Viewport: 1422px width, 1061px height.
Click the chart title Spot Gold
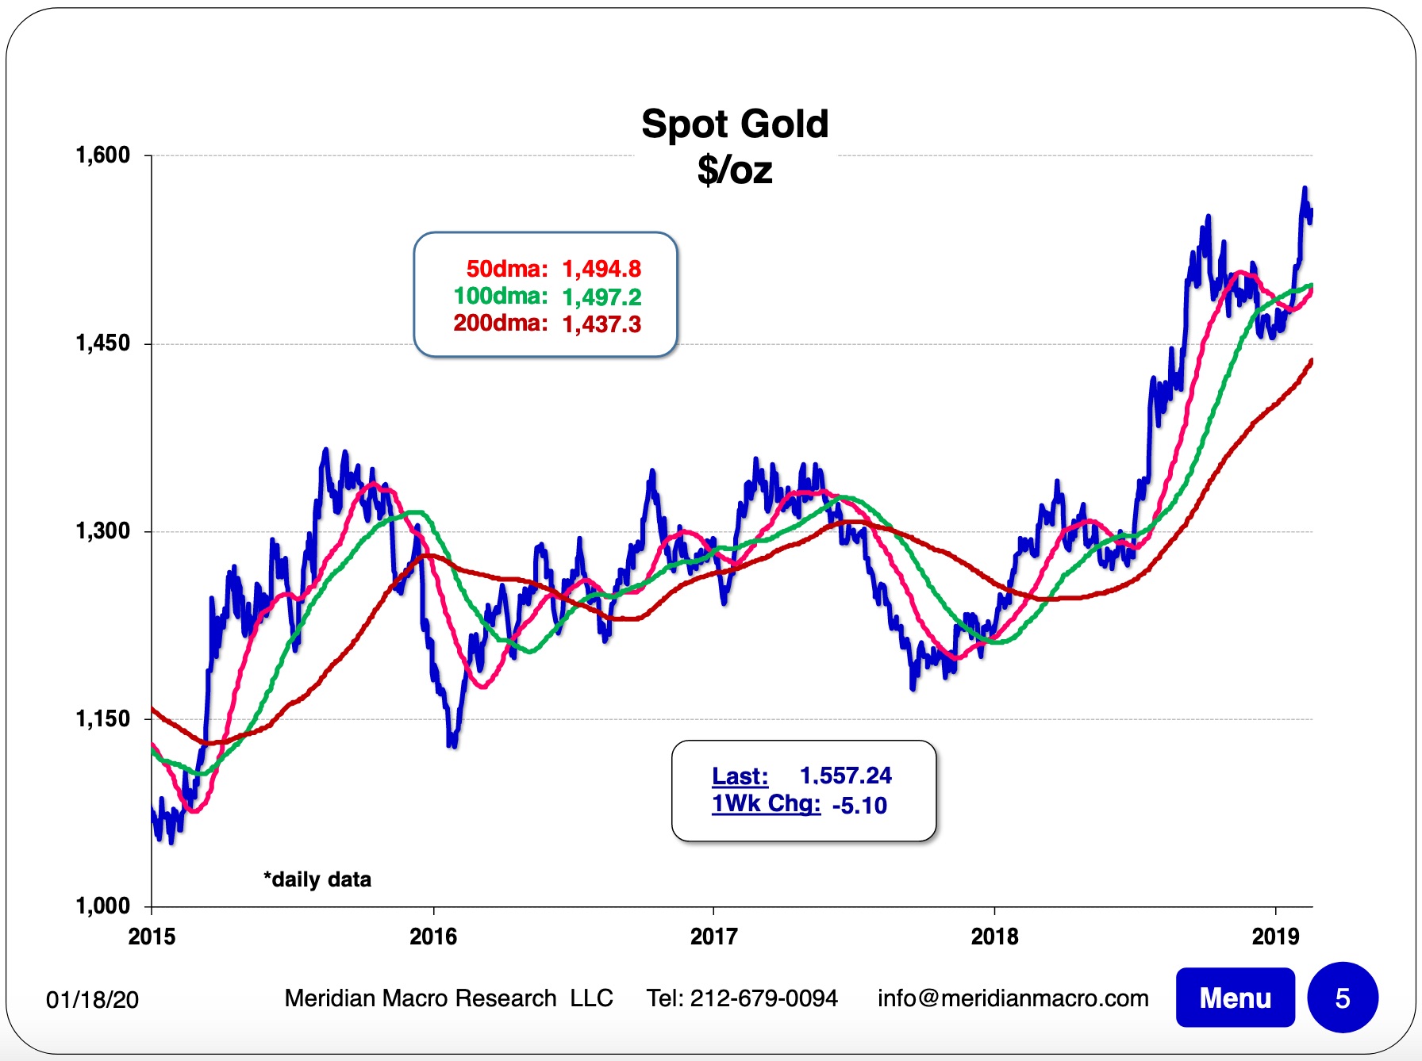tap(735, 124)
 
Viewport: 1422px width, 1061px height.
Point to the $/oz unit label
tap(735, 170)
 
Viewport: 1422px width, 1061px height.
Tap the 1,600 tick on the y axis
tap(102, 155)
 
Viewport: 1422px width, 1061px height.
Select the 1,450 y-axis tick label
tap(102, 343)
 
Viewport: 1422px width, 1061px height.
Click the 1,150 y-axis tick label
tap(102, 719)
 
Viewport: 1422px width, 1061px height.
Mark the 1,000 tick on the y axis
tap(102, 906)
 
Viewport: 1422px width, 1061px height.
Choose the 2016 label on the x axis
tap(433, 937)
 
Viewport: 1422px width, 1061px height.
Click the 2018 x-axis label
tap(994, 937)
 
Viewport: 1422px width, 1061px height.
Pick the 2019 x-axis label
tap(1275, 937)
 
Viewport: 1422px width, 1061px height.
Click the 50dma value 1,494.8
tap(601, 270)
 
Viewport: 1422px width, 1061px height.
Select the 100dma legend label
tap(500, 297)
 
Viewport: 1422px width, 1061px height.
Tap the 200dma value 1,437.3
tap(601, 324)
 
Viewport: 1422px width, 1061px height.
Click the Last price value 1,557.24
tap(845, 776)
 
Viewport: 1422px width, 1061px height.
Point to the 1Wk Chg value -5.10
tap(859, 806)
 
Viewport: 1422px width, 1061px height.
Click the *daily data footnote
tap(317, 879)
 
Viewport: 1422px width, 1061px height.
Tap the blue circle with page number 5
tap(1342, 998)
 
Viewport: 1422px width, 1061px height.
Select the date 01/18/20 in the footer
tap(92, 1000)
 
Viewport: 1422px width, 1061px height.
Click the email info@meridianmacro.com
tap(1013, 998)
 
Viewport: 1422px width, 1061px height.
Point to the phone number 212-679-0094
tap(763, 998)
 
